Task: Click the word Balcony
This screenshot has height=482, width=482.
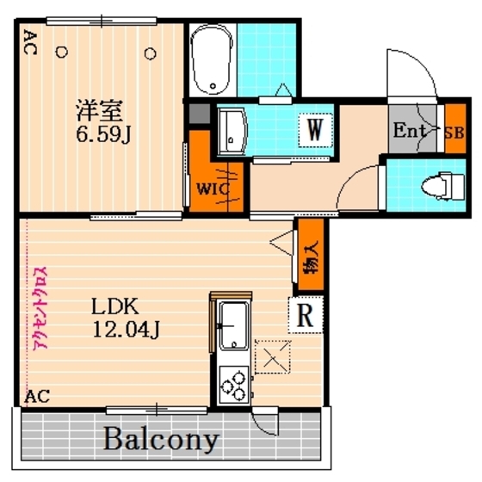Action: pyautogui.click(x=161, y=440)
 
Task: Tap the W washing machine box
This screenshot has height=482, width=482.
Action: pyautogui.click(x=316, y=131)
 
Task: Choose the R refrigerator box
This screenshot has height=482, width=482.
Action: pyautogui.click(x=305, y=315)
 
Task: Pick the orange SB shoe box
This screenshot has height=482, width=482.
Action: pyautogui.click(x=454, y=132)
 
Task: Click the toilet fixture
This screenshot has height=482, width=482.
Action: pyautogui.click(x=435, y=184)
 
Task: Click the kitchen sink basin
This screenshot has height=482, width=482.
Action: pyautogui.click(x=232, y=326)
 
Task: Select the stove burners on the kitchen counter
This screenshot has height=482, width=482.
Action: pyautogui.click(x=232, y=381)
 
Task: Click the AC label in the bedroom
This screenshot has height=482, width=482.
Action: pyautogui.click(x=29, y=43)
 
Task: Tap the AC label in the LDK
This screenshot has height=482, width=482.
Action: pyautogui.click(x=37, y=397)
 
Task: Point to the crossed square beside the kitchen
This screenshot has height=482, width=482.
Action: pyautogui.click(x=274, y=356)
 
